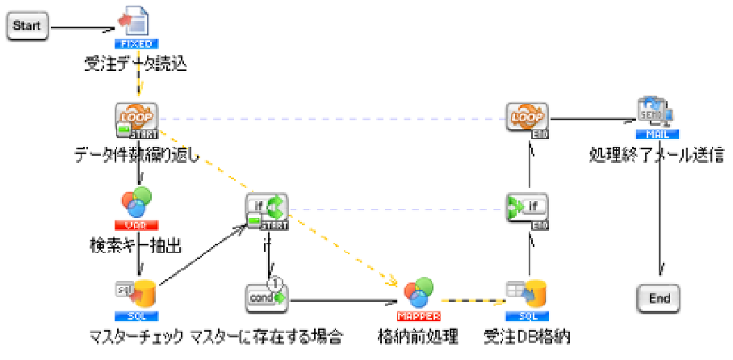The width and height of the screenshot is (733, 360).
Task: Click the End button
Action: coord(659,299)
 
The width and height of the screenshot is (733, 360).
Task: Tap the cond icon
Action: coord(267,297)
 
